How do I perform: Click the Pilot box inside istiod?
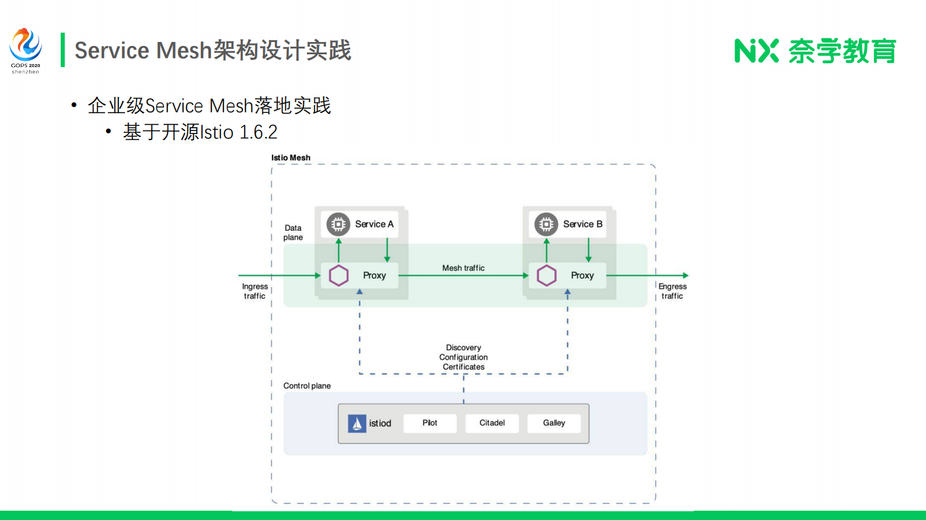429,423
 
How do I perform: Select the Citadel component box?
492,423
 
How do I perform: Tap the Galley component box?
554,423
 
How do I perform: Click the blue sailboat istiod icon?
357,423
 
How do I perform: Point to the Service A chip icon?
338,224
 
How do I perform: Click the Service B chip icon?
546,224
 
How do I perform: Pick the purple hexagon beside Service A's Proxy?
338,275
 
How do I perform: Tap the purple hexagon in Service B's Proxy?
547,275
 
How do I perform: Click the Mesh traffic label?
463,268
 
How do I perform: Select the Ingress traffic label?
255,291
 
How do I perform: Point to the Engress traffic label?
673,291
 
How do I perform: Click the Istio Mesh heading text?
291,158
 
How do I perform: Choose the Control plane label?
307,386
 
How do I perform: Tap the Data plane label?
293,233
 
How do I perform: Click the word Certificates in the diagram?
463,367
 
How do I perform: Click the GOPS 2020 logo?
26,50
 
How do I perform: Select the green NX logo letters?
756,51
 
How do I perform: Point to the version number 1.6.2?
258,132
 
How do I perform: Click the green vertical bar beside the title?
62,50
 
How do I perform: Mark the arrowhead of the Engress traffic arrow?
686,275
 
